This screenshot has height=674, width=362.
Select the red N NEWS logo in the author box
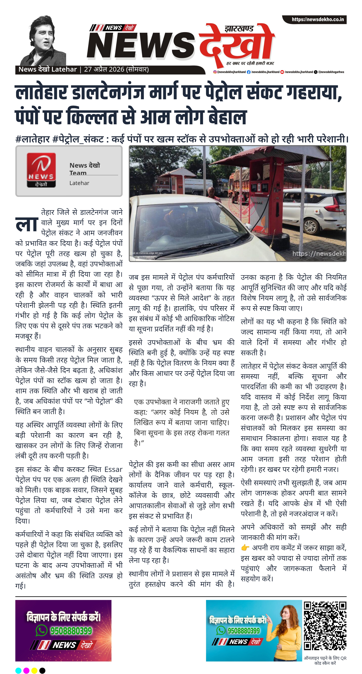pyautogui.click(x=41, y=170)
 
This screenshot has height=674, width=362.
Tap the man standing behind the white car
pyautogui.click(x=211, y=192)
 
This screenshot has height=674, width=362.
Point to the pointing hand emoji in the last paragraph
pyautogui.click(x=245, y=547)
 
